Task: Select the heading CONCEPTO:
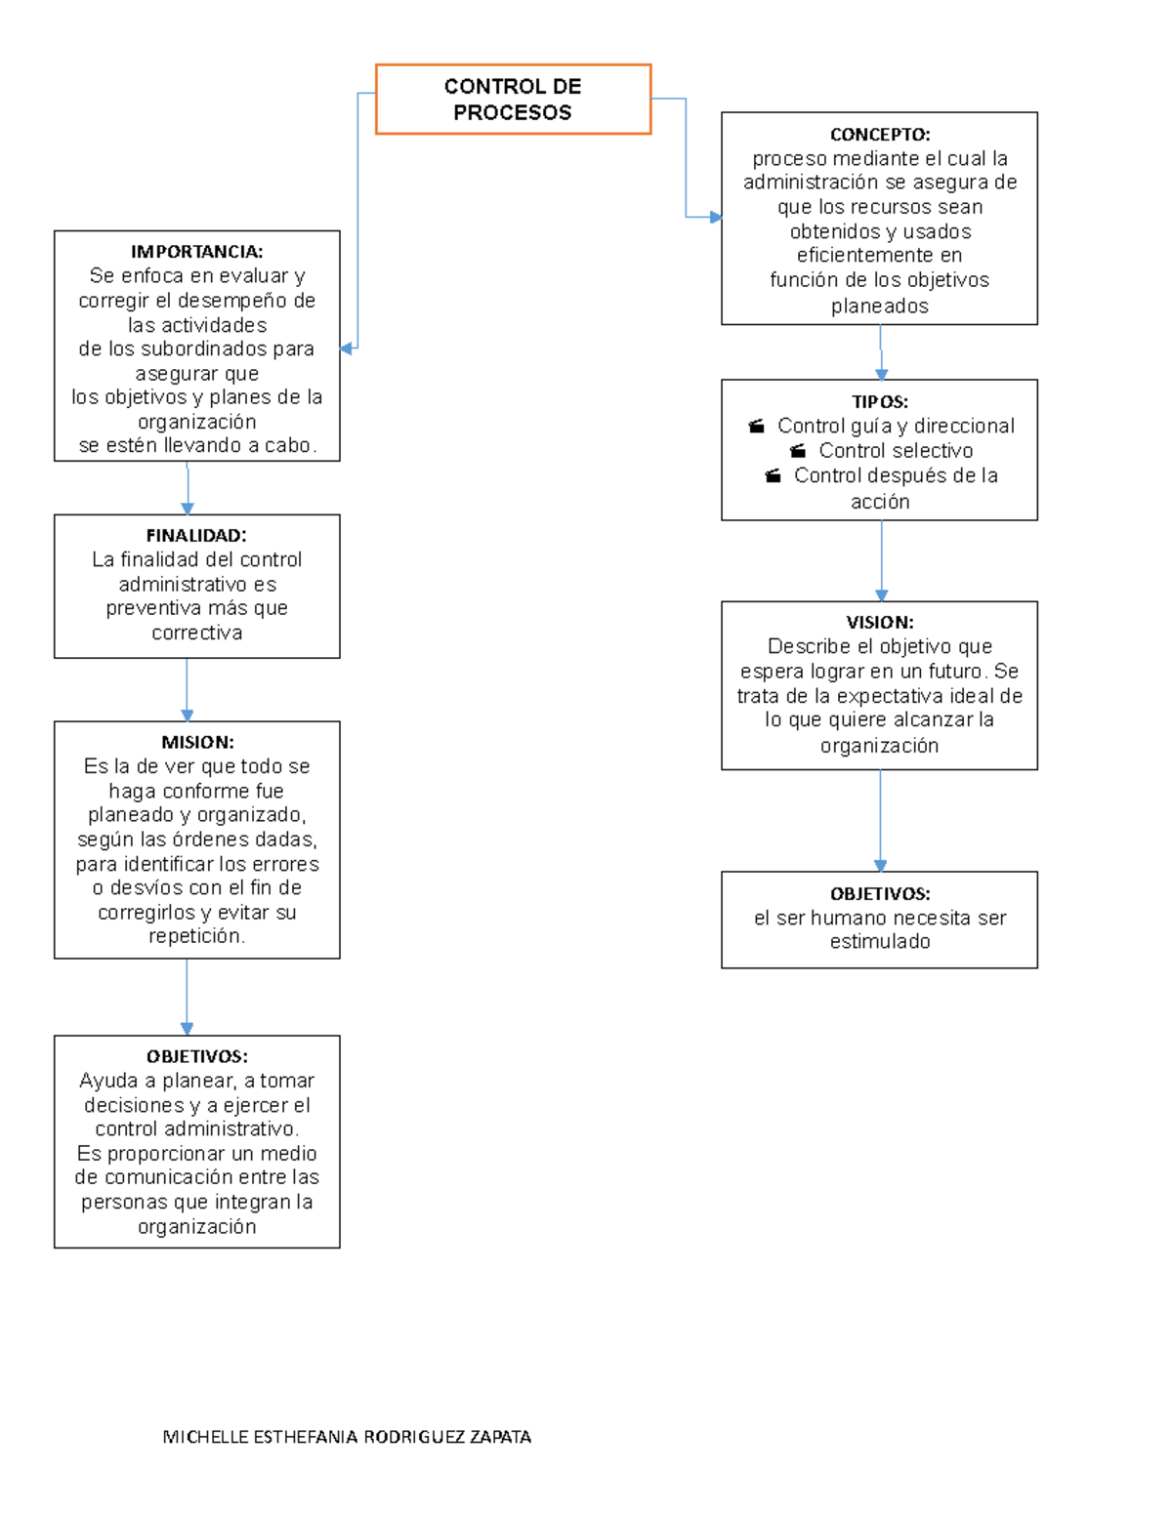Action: click(880, 134)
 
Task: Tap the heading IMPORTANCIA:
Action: click(197, 251)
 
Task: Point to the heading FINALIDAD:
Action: click(196, 535)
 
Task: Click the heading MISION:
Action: click(197, 742)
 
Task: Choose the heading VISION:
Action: click(880, 622)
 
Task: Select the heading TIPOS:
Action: click(880, 401)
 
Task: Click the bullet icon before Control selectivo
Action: click(798, 451)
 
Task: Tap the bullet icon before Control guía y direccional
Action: click(757, 427)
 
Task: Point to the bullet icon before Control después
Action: click(773, 476)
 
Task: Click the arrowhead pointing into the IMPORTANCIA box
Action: click(346, 348)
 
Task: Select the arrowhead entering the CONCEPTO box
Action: click(716, 217)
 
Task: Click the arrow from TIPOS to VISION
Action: click(882, 561)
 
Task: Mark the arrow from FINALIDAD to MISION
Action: click(187, 689)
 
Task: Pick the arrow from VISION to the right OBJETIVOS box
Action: click(880, 820)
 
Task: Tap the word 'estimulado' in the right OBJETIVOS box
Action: click(880, 941)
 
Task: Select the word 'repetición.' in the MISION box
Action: click(197, 936)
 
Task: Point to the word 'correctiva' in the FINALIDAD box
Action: click(197, 633)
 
